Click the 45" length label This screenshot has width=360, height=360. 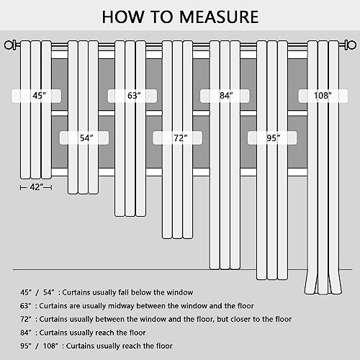(x=39, y=96)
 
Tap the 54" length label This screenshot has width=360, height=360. (x=86, y=138)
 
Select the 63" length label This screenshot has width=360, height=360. (x=134, y=96)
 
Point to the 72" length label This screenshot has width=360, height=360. (x=181, y=138)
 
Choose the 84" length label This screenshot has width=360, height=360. (x=226, y=96)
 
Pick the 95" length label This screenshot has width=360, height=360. (x=274, y=138)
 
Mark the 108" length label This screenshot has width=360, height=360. (x=323, y=96)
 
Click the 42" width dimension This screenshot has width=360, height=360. (x=36, y=187)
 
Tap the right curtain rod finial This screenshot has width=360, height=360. (x=350, y=45)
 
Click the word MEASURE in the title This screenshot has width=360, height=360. (x=219, y=17)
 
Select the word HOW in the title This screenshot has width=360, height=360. (x=123, y=17)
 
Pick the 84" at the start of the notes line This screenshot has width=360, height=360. (x=26, y=333)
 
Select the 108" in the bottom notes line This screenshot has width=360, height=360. (x=50, y=346)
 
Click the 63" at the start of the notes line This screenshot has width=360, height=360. (x=26, y=306)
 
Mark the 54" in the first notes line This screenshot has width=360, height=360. (x=49, y=292)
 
